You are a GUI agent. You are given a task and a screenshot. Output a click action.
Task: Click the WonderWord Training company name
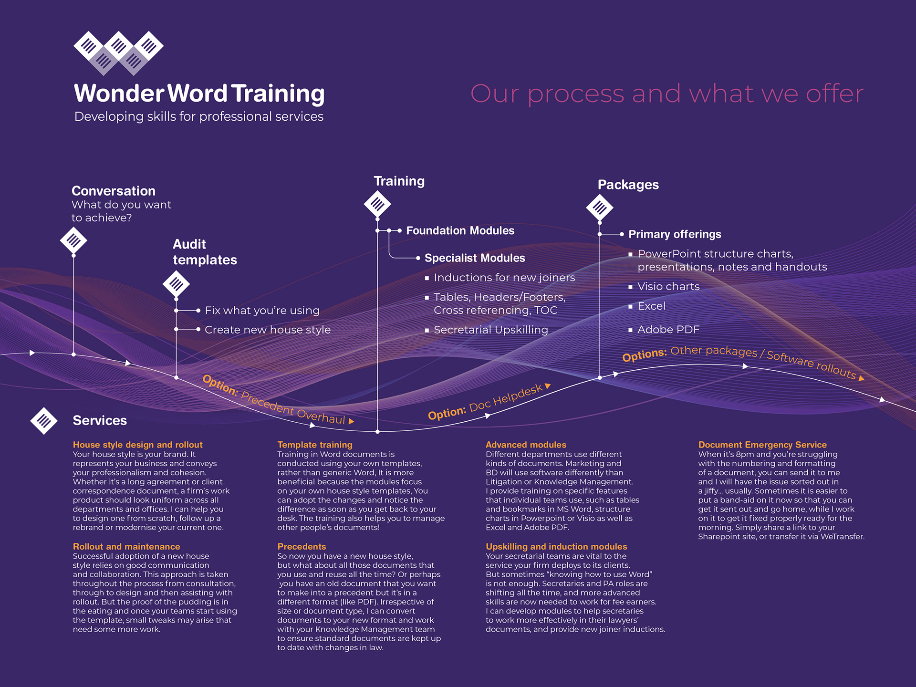click(199, 94)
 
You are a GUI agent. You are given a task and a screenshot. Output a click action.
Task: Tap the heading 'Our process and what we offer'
click(666, 94)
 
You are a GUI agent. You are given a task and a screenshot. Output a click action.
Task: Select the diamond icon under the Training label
click(377, 205)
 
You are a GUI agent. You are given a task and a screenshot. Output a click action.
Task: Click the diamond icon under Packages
click(600, 208)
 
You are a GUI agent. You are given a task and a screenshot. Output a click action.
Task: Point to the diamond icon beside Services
click(44, 421)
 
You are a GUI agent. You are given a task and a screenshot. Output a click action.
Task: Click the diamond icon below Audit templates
click(176, 284)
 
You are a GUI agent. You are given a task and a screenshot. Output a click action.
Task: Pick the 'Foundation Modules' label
click(460, 231)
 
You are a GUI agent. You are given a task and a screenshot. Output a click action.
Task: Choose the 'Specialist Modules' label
click(474, 258)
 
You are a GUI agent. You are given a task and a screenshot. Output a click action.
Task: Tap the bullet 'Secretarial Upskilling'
click(490, 330)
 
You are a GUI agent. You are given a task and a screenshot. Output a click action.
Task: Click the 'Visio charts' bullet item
click(668, 287)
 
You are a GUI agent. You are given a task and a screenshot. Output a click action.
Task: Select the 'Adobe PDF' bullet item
click(668, 330)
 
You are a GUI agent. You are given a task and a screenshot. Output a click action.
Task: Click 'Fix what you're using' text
click(262, 311)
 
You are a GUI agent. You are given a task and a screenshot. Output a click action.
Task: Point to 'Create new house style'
click(267, 330)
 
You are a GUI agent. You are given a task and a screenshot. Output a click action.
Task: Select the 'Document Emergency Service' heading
click(762, 445)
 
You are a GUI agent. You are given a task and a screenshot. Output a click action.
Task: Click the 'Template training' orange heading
click(314, 445)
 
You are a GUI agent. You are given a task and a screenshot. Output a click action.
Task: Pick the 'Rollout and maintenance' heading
click(126, 547)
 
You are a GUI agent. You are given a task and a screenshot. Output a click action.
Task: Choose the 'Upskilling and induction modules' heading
click(556, 547)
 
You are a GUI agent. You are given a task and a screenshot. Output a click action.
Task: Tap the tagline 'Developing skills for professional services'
click(199, 117)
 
